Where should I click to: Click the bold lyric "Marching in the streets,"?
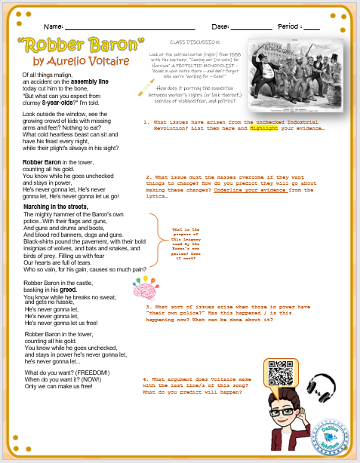(x=54, y=206)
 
